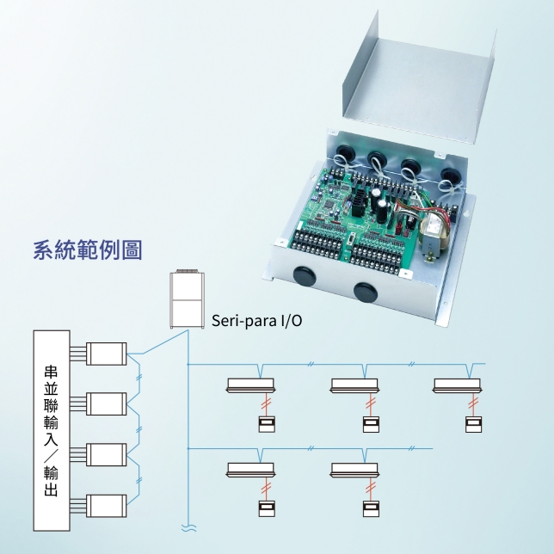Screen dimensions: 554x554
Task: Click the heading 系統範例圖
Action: [x=87, y=251]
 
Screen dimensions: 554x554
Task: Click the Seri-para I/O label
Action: [x=256, y=322]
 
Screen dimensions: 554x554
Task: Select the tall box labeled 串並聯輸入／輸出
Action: [x=51, y=431]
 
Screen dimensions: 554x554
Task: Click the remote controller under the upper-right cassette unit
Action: [x=473, y=423]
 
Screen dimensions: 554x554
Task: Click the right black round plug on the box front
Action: [x=365, y=289]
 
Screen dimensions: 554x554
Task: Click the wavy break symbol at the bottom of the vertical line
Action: [x=185, y=526]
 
